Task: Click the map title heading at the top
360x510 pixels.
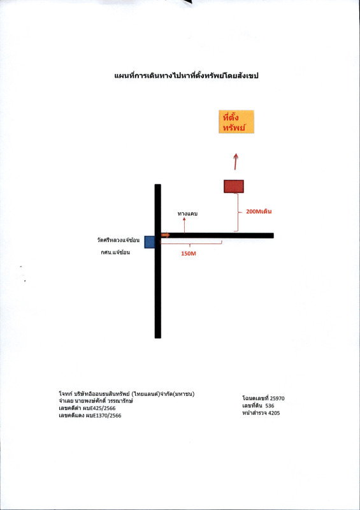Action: (x=186, y=76)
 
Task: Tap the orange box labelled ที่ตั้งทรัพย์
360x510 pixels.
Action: (x=236, y=122)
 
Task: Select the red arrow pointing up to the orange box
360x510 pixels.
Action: (x=236, y=161)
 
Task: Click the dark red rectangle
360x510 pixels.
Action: (x=233, y=186)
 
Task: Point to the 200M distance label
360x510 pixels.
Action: (x=259, y=212)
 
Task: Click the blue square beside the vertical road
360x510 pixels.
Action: (x=150, y=242)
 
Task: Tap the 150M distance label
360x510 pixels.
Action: (x=189, y=254)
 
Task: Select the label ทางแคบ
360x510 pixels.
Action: (x=187, y=214)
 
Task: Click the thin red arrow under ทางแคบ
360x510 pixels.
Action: (x=184, y=225)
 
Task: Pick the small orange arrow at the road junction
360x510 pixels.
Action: (x=166, y=235)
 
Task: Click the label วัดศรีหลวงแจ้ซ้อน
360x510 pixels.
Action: (x=118, y=240)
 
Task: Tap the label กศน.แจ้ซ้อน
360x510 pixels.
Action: (x=115, y=252)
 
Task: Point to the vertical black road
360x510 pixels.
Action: (x=158, y=261)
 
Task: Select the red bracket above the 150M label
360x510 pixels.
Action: (x=191, y=243)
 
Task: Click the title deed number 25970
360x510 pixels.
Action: (x=277, y=398)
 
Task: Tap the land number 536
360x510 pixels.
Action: (x=270, y=405)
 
